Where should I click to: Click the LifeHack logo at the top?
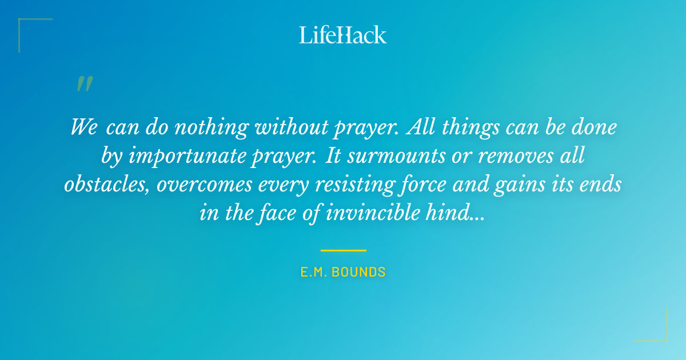[x=343, y=35]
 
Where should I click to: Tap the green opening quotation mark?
[x=84, y=85]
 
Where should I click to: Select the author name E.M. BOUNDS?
[x=343, y=273]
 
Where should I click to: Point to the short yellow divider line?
[x=343, y=250]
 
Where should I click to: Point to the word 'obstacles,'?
[x=107, y=184]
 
